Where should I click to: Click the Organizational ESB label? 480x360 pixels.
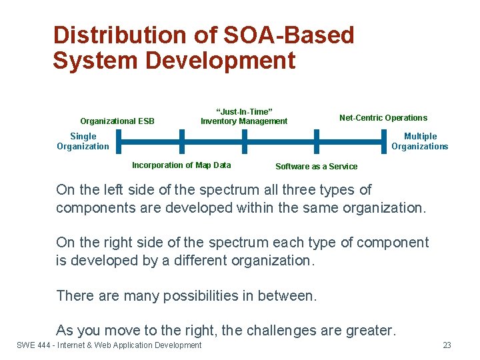tap(117, 121)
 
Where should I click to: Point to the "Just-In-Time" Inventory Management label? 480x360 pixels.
tap(244, 117)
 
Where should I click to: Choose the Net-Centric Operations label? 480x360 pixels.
tap(383, 118)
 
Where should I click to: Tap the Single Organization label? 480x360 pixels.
tap(83, 141)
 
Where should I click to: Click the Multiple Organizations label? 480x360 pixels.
tap(420, 141)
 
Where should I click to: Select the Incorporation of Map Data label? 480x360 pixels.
tap(181, 165)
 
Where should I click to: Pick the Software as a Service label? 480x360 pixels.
tap(317, 167)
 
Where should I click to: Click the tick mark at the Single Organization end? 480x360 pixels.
tap(115, 141)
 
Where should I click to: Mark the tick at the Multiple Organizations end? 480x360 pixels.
tap(385, 141)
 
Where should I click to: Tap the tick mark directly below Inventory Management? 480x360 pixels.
tap(244, 141)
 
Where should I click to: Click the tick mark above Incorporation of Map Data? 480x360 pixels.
tap(181, 141)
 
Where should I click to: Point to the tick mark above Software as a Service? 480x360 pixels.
tap(316, 141)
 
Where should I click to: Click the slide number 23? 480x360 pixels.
tap(447, 345)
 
